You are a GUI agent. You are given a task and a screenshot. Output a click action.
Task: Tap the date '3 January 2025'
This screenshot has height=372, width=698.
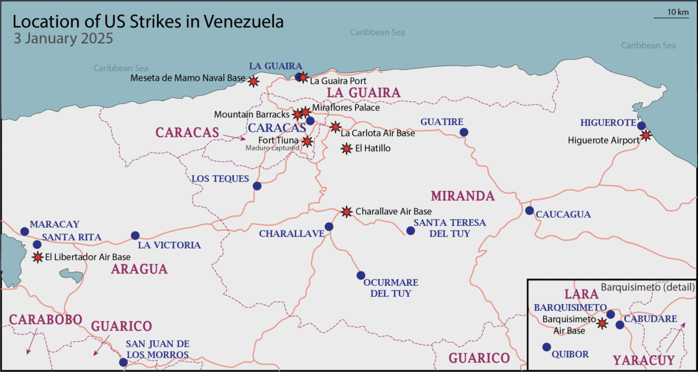point(63,39)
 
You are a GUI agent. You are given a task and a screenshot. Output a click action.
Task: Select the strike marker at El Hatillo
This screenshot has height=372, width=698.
point(347,148)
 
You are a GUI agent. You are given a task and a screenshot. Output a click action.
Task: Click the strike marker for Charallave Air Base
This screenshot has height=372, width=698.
point(346,211)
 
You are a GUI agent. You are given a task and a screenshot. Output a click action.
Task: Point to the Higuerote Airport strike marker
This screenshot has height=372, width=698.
point(646,135)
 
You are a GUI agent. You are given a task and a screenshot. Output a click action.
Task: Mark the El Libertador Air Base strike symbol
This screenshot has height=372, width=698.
point(37,257)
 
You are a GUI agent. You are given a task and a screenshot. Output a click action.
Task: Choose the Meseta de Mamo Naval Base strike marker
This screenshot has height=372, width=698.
point(254,81)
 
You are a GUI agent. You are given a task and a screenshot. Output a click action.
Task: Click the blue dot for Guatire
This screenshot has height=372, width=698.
point(463,132)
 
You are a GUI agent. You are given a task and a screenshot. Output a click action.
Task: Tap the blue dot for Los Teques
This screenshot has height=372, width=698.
point(257,186)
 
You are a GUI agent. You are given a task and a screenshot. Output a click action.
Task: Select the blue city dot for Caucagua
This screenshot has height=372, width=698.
point(529,211)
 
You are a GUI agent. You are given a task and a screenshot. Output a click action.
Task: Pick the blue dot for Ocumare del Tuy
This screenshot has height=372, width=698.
point(360,275)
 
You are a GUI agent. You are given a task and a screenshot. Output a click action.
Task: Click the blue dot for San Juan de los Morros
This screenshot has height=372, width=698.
point(123,362)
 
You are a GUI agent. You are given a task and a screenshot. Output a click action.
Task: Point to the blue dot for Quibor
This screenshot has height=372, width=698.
point(546,347)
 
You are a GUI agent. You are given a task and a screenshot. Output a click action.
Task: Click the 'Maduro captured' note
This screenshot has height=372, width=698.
point(272,147)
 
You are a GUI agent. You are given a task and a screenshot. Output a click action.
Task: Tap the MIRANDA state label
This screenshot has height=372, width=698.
point(463,196)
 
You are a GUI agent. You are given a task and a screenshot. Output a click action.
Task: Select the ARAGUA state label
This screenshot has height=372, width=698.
point(139,269)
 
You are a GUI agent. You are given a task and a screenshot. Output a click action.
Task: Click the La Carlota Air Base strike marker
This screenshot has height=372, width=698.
point(335,127)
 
